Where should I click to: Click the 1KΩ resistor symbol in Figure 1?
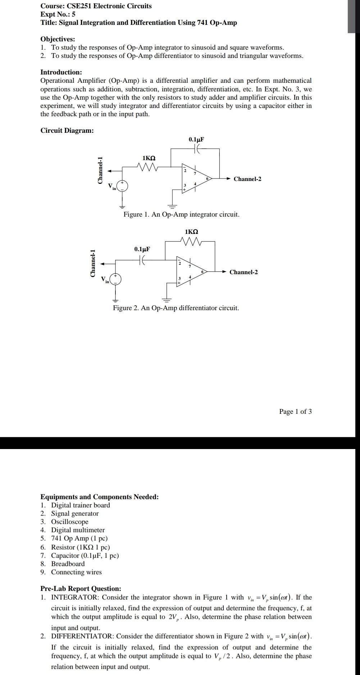coord(148,167)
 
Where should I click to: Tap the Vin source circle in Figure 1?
coord(122,186)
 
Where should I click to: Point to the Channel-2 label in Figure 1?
coord(247,179)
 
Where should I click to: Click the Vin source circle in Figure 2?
coord(115,279)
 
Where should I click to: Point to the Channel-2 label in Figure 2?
coord(243,272)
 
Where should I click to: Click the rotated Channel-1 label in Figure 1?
coord(100,171)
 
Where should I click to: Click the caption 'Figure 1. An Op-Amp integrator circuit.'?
coord(181,214)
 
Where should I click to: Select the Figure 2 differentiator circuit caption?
coord(176,308)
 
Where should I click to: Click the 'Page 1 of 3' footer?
coord(295,411)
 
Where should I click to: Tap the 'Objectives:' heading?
coord(58,39)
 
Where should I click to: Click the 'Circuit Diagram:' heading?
coord(67,130)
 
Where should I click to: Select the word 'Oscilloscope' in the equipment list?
coord(69,522)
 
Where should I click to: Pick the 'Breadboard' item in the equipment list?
coord(68,563)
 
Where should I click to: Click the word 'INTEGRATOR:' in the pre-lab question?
coord(75,597)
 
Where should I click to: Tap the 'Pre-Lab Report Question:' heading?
coord(81,589)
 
